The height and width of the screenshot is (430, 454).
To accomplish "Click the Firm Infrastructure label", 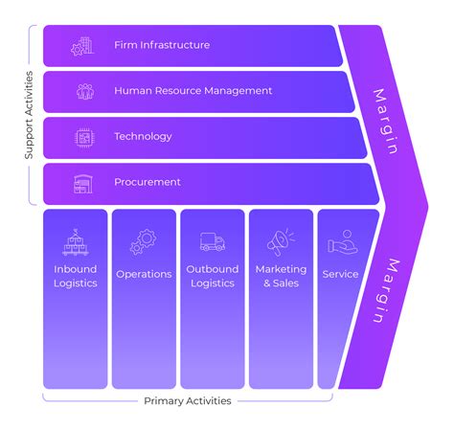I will pyautogui.click(x=161, y=45).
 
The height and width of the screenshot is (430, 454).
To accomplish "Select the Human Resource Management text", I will pyautogui.click(x=193, y=91).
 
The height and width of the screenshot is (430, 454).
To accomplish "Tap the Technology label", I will pyautogui.click(x=143, y=137).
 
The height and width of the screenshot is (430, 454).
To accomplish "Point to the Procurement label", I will pyautogui.click(x=147, y=182).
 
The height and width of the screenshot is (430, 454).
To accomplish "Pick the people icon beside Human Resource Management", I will pyautogui.click(x=83, y=91).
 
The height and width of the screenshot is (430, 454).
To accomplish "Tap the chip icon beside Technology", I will pyautogui.click(x=83, y=137).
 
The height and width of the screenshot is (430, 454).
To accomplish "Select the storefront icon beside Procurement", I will pyautogui.click(x=83, y=182).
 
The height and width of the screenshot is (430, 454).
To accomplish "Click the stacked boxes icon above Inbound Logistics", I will pyautogui.click(x=76, y=241).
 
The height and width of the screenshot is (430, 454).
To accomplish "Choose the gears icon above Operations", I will pyautogui.click(x=144, y=241).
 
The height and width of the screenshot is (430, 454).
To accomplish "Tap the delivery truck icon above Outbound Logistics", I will pyautogui.click(x=213, y=241).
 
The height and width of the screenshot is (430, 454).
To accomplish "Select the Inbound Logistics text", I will pyautogui.click(x=76, y=276).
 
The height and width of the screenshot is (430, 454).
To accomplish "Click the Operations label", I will pyautogui.click(x=144, y=274).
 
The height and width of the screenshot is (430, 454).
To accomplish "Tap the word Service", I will pyautogui.click(x=340, y=274).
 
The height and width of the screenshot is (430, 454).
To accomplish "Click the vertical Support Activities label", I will pyautogui.click(x=29, y=114).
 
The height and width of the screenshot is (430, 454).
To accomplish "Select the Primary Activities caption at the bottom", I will pyautogui.click(x=187, y=401).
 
